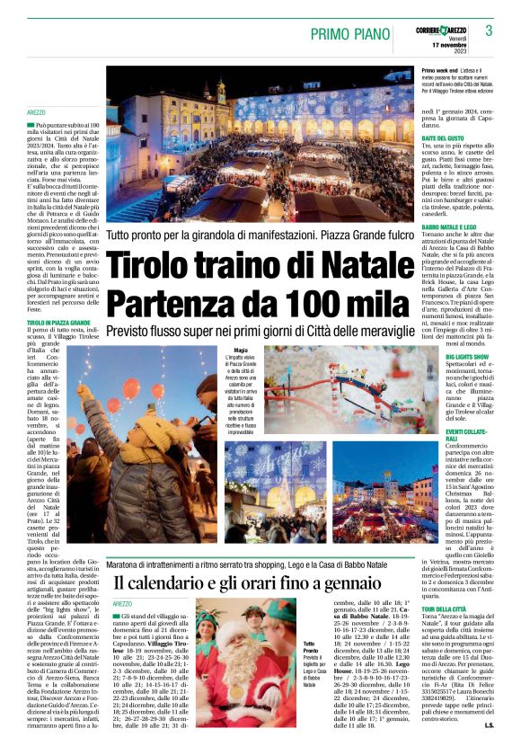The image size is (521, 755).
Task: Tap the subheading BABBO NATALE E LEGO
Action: pos(449,229)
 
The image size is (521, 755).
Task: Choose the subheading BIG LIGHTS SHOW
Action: pos(468,357)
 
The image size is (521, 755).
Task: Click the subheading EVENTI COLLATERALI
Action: pos(467,436)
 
